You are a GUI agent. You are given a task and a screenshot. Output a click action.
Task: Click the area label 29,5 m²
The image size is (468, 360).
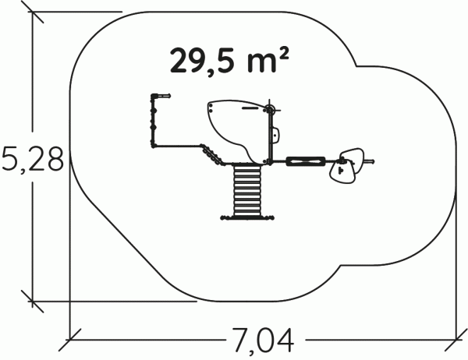[x=229, y=62]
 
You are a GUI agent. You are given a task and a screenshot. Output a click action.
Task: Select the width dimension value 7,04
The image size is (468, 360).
[x=263, y=341]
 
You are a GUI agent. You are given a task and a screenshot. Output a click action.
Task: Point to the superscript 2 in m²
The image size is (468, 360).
[x=285, y=55]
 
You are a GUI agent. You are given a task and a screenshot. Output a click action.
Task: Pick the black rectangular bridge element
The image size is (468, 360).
[x=306, y=161]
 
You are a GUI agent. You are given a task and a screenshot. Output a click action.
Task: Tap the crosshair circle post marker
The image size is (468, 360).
[x=270, y=110]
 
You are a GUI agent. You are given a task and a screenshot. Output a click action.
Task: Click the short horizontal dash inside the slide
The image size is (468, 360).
[x=250, y=108]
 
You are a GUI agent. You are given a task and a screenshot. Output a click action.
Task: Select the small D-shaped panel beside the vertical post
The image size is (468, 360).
[x=275, y=135]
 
